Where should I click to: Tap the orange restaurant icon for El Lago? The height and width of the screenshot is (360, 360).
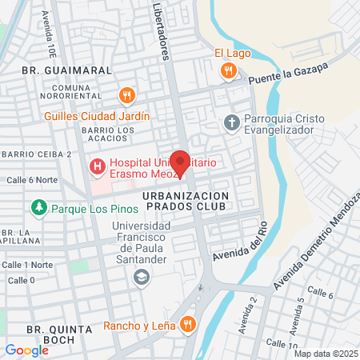tap(229, 70)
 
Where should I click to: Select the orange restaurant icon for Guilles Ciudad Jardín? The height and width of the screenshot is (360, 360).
tap(126, 97)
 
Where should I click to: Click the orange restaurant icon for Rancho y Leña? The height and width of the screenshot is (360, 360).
tap(187, 324)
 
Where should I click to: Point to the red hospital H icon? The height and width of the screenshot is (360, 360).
tap(97, 167)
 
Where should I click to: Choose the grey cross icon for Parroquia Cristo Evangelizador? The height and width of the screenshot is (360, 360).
tap(231, 122)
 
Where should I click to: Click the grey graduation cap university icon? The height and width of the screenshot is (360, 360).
tap(142, 277)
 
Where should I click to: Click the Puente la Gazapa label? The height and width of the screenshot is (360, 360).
tap(288, 74)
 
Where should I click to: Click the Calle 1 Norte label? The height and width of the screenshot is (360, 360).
tap(27, 265)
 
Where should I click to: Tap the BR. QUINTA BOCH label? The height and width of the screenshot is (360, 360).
tap(50, 334)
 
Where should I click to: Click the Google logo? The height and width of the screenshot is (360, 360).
tap(27, 350)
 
